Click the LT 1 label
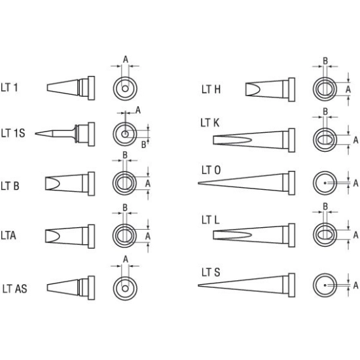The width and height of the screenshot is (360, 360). (9, 88)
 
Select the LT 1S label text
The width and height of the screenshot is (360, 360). (13, 133)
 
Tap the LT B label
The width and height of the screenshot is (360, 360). (10, 186)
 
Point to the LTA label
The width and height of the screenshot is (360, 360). (9, 236)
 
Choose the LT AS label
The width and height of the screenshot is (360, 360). (14, 289)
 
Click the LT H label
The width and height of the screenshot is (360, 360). (211, 90)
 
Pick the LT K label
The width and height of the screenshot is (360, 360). (210, 123)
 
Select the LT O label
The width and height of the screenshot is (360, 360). (211, 170)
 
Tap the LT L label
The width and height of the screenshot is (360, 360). (211, 220)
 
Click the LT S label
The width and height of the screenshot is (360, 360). (211, 272)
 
